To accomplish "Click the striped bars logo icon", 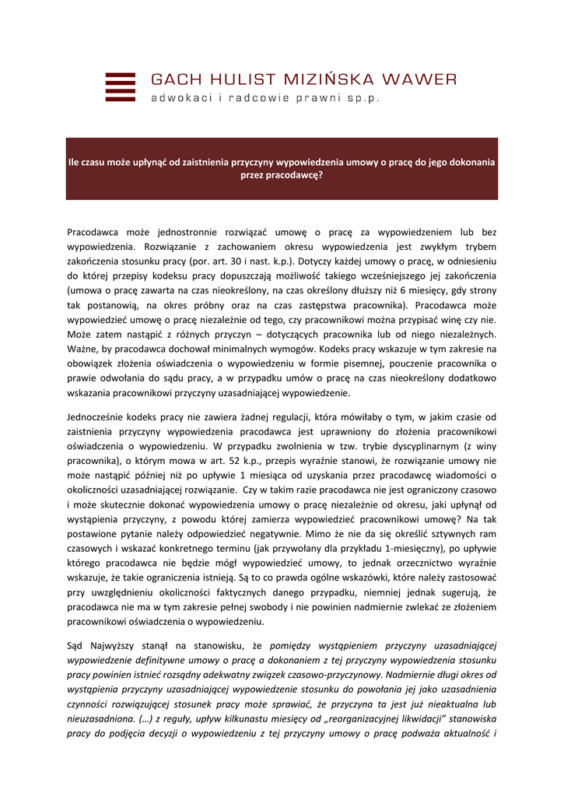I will [x=120, y=86].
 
